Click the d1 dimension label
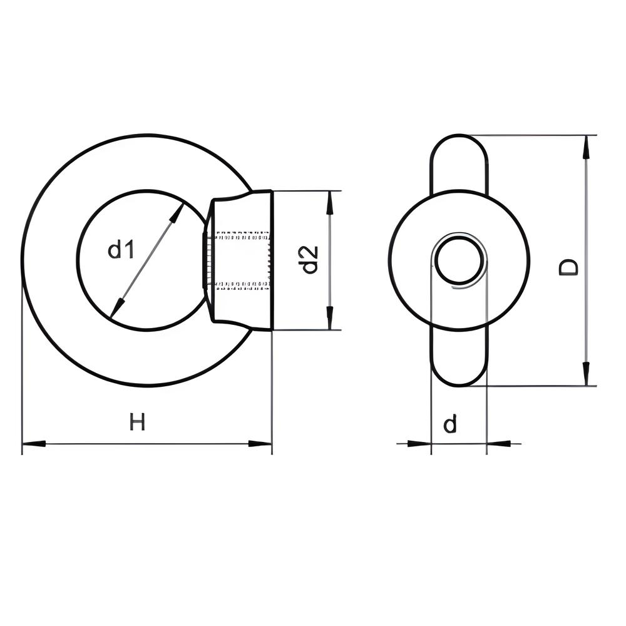point(120,250)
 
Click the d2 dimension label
point(310,260)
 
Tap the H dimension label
point(137,422)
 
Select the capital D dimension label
point(568,267)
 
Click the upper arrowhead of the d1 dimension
point(177,213)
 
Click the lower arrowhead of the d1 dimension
point(116,307)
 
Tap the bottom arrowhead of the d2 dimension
point(329,318)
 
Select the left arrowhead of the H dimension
point(34,443)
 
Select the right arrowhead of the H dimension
point(260,443)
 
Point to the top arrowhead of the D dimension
point(586,148)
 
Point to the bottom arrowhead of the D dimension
point(586,374)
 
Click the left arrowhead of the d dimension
point(419,443)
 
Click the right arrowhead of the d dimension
point(499,443)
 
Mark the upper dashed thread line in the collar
point(242,235)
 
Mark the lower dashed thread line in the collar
point(242,285)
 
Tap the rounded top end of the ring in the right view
point(459,136)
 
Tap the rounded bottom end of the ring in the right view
point(459,385)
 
